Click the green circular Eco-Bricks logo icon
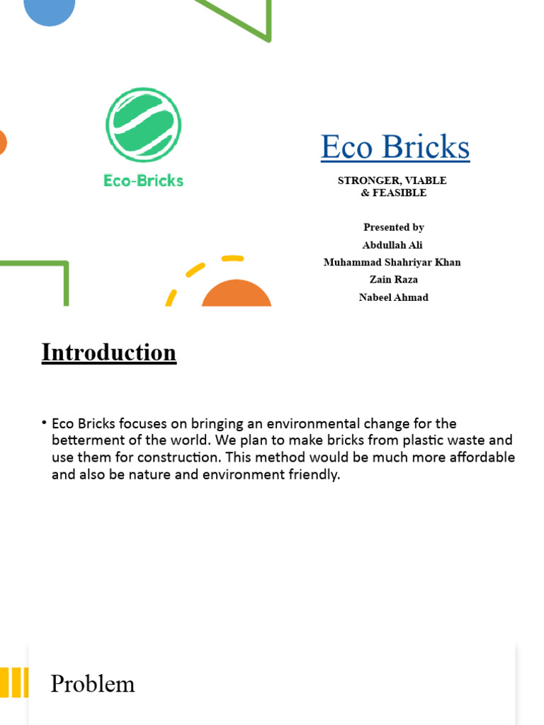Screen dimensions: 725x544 coord(144,125)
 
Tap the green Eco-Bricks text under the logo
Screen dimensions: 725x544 coord(144,181)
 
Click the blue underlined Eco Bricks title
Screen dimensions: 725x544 coord(395,147)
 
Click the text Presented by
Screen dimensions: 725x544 coord(394,227)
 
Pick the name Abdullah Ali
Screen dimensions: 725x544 coord(393,245)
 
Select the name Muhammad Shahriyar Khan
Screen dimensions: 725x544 coord(392,262)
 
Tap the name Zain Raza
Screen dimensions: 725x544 coord(394,280)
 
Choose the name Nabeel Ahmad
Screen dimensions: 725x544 coord(394,297)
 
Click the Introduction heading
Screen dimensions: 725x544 coord(109,353)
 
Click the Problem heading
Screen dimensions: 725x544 coord(93,684)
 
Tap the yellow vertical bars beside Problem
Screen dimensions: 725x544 coord(14,683)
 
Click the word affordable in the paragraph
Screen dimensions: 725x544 coord(481,457)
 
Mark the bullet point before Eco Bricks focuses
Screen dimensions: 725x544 coord(45,423)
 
